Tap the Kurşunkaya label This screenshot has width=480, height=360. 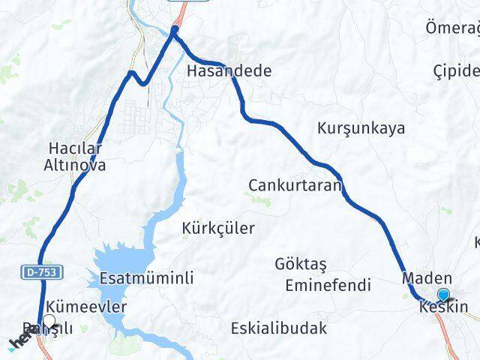tap(361, 127)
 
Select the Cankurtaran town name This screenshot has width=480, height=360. tap(295, 184)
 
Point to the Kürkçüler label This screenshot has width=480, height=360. tap(218, 228)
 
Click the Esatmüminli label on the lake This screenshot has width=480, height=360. tap(146, 278)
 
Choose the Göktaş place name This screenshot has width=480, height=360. tap(305, 264)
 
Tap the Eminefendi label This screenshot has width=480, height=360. tap(328, 285)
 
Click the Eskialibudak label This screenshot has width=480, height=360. tap(279, 328)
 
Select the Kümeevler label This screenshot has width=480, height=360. tap(86, 307)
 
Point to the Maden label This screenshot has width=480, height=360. tap(427, 278)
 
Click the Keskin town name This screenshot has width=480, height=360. tap(444, 307)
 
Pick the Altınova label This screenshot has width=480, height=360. tap(76, 165)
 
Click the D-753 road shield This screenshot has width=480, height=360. tap(40, 271)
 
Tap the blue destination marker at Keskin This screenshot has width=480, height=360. tap(443, 295)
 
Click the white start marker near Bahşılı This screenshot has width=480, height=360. tap(49, 322)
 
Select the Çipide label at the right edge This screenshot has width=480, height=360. tap(456, 71)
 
